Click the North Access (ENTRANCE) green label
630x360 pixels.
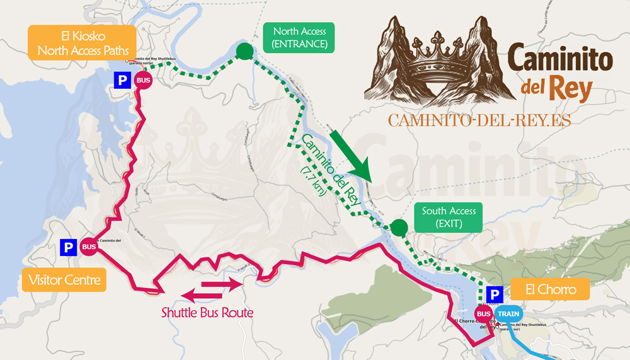point(299,37)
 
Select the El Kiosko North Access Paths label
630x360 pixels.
point(83,42)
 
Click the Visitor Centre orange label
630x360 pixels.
point(64,279)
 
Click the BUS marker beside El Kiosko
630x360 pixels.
point(144,81)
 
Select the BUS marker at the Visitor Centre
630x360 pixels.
point(89,247)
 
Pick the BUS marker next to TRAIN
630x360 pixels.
point(484,313)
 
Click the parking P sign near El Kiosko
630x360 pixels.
point(121,80)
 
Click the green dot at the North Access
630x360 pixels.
point(244,52)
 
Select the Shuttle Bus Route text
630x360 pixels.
point(208,312)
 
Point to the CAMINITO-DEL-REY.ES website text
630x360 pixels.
point(479,121)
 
